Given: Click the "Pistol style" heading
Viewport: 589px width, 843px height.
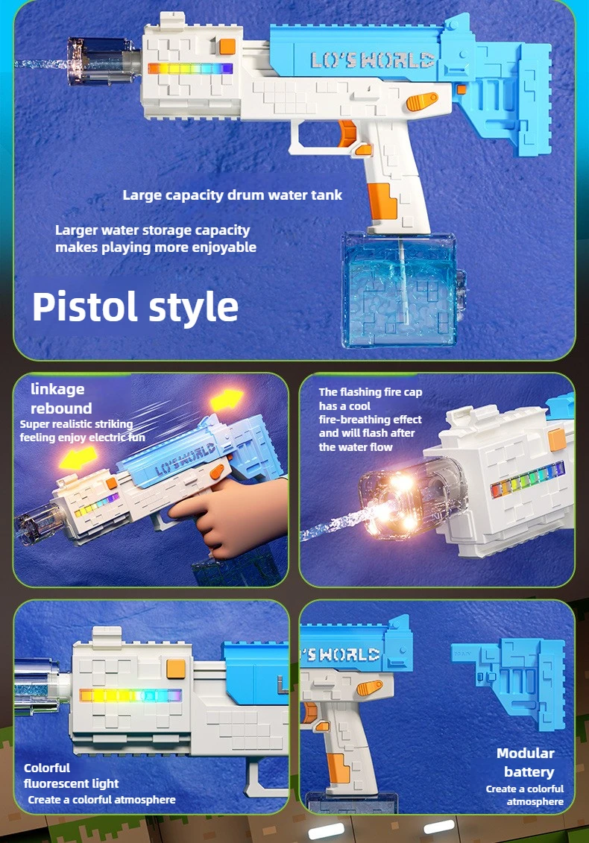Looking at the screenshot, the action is click(x=135, y=307).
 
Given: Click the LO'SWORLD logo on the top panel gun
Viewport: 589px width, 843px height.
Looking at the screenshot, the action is click(x=372, y=60).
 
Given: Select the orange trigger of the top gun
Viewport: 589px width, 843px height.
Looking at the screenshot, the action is click(x=347, y=134).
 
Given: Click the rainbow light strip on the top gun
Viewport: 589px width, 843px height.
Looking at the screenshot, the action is click(x=190, y=69).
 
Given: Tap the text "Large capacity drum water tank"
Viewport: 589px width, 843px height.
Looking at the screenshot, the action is click(x=233, y=195).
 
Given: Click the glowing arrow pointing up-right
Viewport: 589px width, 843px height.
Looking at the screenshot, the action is click(x=227, y=400).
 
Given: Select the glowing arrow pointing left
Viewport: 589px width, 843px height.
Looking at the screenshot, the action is click(x=78, y=458).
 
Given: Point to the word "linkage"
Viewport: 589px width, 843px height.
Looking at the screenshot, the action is click(x=57, y=389).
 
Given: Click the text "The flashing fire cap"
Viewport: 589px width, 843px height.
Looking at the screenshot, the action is click(x=371, y=392).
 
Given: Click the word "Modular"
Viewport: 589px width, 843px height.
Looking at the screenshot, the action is click(x=525, y=754).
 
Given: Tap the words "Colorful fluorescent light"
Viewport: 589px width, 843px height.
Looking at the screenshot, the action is click(x=71, y=775).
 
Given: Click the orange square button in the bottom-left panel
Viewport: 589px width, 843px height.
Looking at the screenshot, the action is click(x=176, y=669).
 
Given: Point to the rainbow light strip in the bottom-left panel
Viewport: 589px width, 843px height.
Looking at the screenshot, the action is click(x=130, y=695).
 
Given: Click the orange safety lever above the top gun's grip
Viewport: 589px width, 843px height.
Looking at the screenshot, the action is click(x=422, y=101).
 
